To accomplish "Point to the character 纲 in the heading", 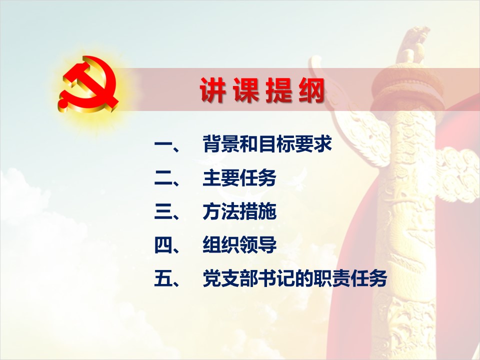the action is point(311,90).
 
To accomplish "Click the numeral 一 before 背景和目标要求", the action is point(163,143).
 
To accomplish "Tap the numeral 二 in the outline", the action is point(163,178).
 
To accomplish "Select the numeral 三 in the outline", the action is point(163,212).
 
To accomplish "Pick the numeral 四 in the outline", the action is point(163,245).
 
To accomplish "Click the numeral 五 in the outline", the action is point(163,278).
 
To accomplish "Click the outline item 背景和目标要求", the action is point(267,143).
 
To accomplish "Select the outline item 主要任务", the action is point(239,178).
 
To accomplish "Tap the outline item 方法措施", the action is point(239,212).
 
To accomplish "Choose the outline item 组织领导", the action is point(239,245).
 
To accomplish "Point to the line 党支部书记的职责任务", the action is point(295,278).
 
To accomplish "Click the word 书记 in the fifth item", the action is point(276,278).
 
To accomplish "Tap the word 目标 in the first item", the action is point(276,143).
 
